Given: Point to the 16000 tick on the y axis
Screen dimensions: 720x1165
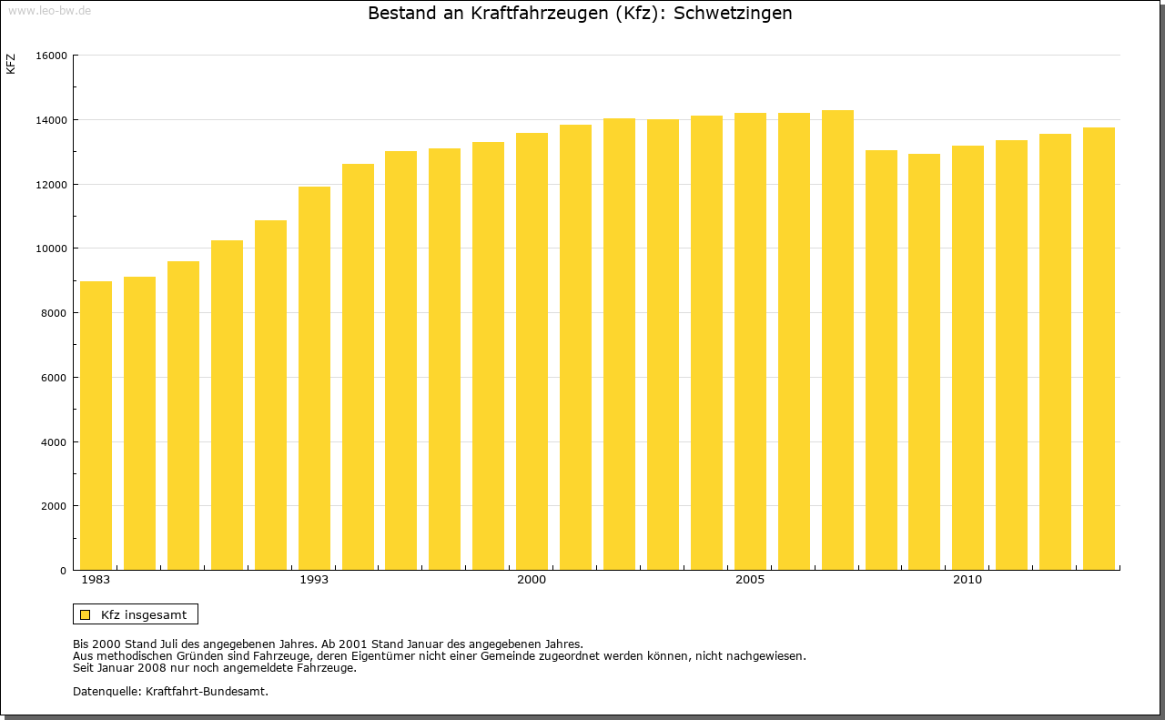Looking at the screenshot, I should point(52,56).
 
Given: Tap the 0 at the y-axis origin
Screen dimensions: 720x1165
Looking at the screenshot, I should point(64,571).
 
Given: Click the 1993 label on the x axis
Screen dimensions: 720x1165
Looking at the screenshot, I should point(314,580).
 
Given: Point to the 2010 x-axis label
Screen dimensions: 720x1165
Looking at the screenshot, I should point(967,580).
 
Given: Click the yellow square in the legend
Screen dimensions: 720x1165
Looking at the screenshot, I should point(86,614).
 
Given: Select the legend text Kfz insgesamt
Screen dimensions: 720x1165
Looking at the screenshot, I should point(144,614).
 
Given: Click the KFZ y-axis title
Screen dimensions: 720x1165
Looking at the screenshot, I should point(11,64).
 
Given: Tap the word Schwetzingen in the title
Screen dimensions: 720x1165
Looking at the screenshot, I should point(733,14).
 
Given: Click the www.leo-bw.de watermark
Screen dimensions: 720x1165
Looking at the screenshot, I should point(48,9).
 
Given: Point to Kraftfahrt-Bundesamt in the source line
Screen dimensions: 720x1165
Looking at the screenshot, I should point(207,691).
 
